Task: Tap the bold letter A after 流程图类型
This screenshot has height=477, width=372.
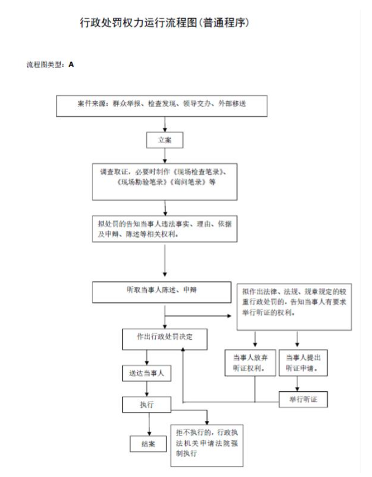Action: (x=71, y=64)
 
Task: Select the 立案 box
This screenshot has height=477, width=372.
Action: (x=165, y=140)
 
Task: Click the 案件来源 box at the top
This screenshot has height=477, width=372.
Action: (x=162, y=106)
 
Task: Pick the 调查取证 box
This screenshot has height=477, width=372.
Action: (x=165, y=182)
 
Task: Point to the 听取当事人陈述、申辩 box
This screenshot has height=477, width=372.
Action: (x=162, y=292)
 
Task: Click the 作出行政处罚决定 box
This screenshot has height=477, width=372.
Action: (x=165, y=339)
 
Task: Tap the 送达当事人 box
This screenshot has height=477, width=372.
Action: (x=147, y=373)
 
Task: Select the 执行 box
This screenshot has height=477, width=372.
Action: (x=147, y=405)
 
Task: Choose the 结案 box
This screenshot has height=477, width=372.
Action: (x=148, y=444)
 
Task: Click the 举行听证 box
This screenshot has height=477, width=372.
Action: (x=303, y=399)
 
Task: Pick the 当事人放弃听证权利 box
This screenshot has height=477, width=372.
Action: (x=250, y=362)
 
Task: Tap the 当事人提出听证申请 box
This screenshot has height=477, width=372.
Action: (x=303, y=362)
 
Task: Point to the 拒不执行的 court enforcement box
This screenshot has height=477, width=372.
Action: (x=207, y=446)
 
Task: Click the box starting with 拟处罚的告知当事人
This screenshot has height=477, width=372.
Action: (x=165, y=229)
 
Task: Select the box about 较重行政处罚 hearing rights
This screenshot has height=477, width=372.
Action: (x=294, y=306)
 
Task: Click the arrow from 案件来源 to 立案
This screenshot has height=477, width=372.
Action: (x=165, y=124)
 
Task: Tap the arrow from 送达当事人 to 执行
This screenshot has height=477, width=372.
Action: (x=147, y=389)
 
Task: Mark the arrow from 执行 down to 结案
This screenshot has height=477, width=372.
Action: (x=149, y=424)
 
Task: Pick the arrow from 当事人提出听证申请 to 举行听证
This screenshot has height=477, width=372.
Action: (x=297, y=384)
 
